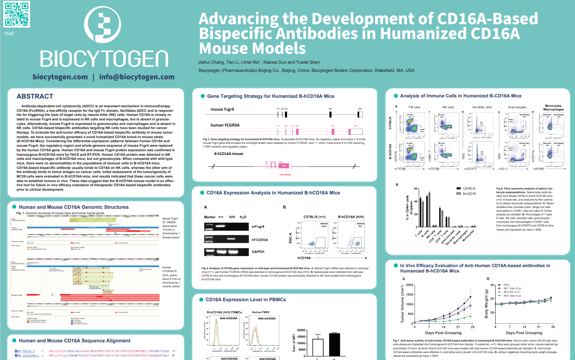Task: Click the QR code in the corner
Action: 17,14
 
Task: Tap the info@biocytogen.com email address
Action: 137,77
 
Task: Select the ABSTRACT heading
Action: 35,96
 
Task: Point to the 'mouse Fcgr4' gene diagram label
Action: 222,109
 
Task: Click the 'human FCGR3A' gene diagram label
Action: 225,125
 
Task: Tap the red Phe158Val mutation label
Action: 285,175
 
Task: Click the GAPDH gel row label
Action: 258,252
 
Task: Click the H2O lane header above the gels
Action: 243,217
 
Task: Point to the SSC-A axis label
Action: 290,238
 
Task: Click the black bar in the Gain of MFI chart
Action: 334,344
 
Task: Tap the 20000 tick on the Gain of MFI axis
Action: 301,330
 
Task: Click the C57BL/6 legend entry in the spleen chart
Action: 468,188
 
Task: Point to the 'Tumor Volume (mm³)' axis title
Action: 403,304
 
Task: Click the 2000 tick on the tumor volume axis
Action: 409,285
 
